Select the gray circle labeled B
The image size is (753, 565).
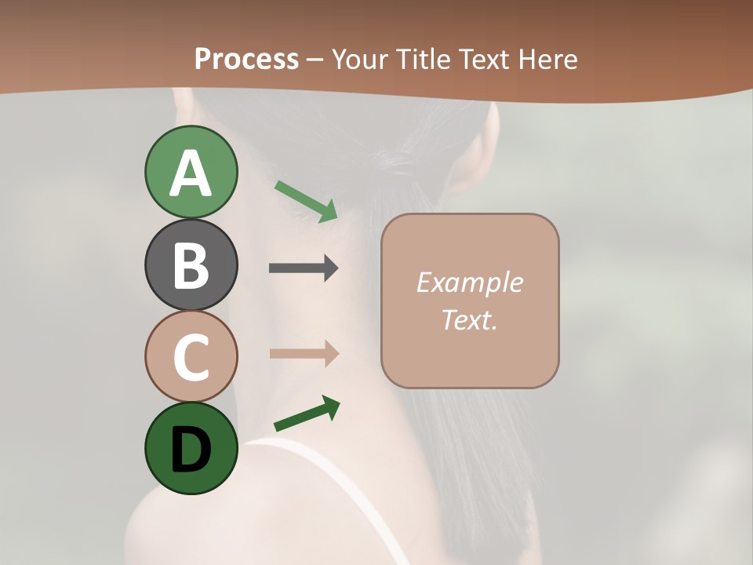(x=191, y=264)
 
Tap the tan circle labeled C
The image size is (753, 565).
(x=191, y=356)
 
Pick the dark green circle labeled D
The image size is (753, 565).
(x=191, y=449)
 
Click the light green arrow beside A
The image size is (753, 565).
(x=306, y=200)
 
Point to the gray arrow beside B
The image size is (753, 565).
(x=304, y=268)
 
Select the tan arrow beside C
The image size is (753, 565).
(x=304, y=354)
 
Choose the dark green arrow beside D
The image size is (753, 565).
(x=307, y=414)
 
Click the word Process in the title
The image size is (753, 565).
(x=246, y=59)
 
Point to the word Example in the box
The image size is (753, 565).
(x=469, y=282)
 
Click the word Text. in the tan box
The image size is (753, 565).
(x=469, y=320)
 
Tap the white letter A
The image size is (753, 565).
(x=191, y=173)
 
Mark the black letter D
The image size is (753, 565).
(x=191, y=450)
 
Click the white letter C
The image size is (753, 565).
(x=191, y=358)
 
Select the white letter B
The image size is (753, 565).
(x=191, y=266)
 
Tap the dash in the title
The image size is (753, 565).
(x=315, y=60)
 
